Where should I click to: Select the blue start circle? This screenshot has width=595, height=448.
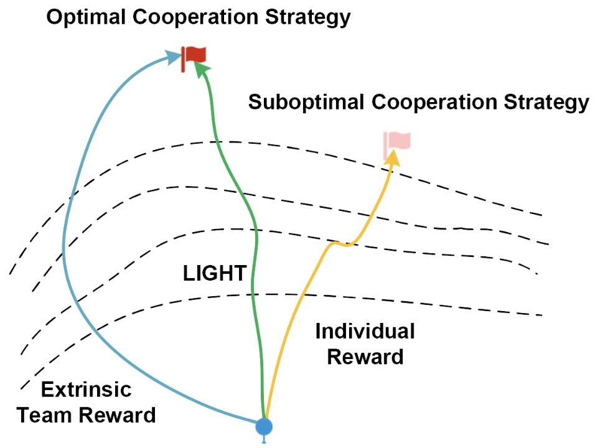265,426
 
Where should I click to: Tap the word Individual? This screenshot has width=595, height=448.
365,331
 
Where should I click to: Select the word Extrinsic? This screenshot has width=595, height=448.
86,390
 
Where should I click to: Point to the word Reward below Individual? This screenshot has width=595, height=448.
365,357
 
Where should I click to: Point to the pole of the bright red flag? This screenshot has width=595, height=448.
183,60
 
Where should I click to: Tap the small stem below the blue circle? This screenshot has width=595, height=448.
265,439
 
